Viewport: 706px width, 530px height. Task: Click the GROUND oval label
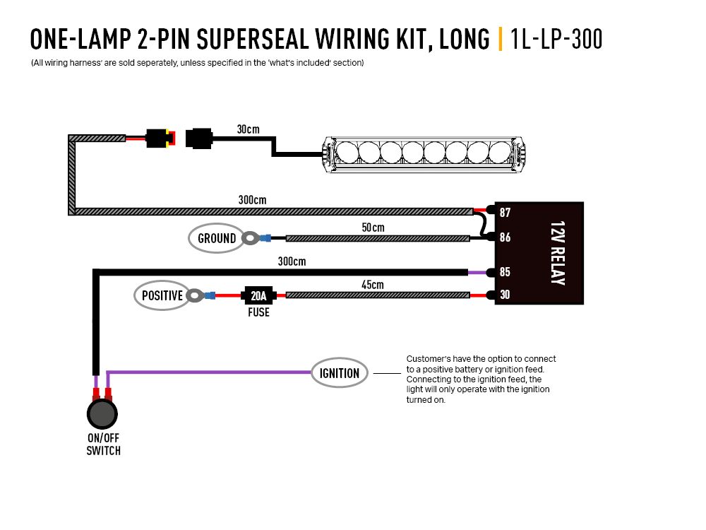217,238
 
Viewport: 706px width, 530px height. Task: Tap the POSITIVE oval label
162,295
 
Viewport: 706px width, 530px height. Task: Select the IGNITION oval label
340,373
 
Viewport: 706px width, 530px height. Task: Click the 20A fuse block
259,295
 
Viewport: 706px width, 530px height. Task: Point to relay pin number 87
505,213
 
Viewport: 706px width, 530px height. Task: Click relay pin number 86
505,237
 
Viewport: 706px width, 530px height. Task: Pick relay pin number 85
505,271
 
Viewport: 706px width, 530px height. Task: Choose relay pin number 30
505,295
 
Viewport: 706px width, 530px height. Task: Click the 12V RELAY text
557,253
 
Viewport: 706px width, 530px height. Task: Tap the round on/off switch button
103,414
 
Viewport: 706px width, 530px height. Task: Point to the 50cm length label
372,228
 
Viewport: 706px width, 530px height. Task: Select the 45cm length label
372,285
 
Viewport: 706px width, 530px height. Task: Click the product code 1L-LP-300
556,40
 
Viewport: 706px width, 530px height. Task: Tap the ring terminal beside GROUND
250,239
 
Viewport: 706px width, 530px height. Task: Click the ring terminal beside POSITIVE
195,295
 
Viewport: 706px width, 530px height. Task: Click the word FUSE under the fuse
258,312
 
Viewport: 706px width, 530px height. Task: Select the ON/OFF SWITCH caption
103,444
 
